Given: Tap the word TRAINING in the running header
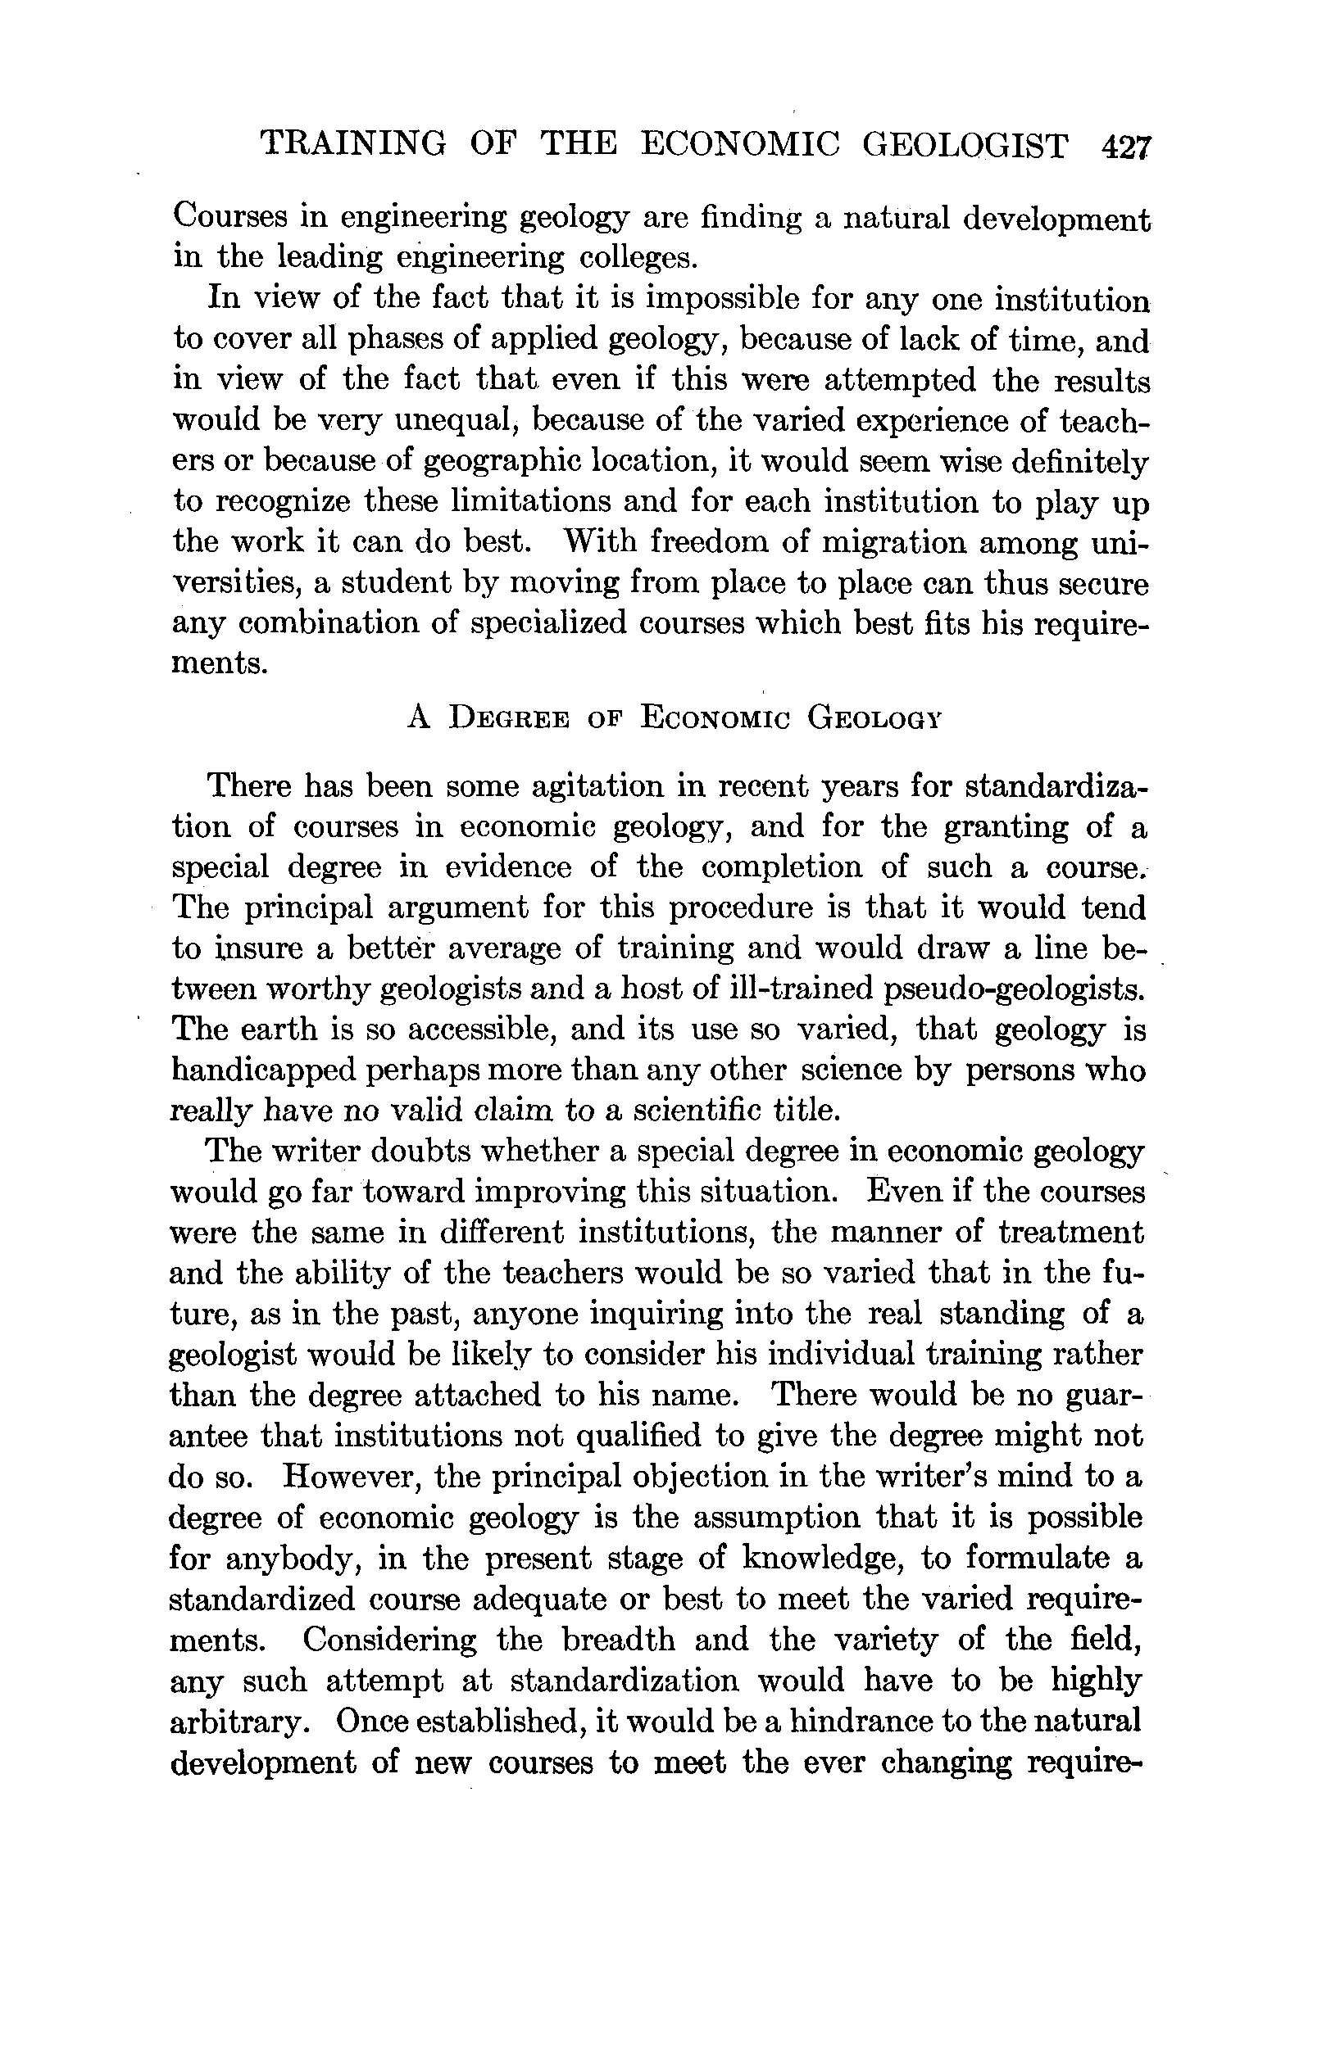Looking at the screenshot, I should [x=353, y=143].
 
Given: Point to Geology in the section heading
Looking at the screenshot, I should [x=872, y=717].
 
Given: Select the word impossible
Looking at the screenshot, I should [x=738, y=299].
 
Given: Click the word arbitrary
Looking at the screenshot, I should [x=239, y=1722].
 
